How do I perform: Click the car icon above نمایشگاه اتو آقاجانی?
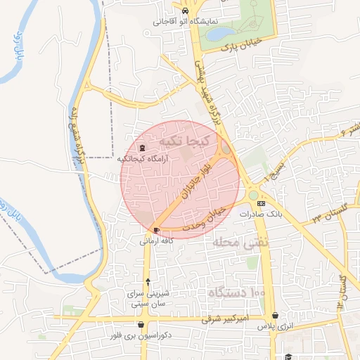[x=184, y=12]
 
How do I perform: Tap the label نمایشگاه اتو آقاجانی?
[x=184, y=22]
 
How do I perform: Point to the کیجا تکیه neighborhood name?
[x=184, y=141]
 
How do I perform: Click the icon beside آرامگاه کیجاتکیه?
[x=143, y=148]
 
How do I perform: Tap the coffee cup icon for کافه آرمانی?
[x=155, y=230]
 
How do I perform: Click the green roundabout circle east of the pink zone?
[x=253, y=195]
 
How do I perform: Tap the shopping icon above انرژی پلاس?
[x=274, y=316]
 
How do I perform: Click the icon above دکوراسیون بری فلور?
[x=143, y=324]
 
